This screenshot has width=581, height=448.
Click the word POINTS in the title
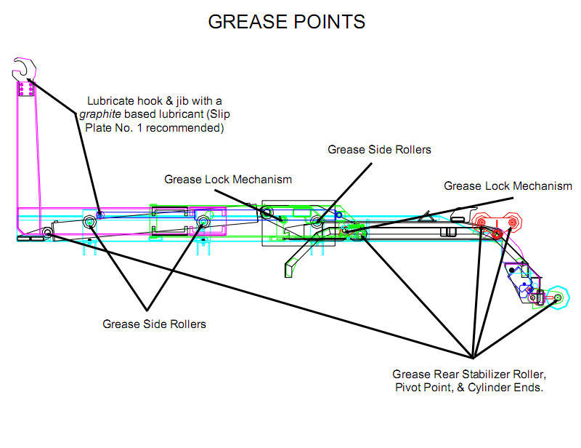(x=329, y=22)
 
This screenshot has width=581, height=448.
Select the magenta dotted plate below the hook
(x=25, y=89)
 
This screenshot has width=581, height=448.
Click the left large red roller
(x=481, y=221)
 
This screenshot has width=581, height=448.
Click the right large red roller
(x=511, y=221)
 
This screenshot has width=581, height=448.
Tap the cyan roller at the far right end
(x=557, y=298)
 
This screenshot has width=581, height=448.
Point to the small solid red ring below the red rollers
(x=497, y=234)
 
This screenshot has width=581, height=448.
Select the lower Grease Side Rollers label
(x=154, y=324)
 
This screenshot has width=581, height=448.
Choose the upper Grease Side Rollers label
(x=379, y=150)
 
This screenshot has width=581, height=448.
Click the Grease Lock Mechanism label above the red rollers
(x=508, y=186)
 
